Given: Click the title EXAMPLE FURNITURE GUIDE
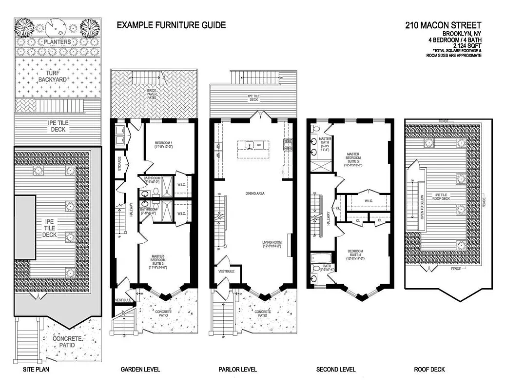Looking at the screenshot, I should [x=171, y=25].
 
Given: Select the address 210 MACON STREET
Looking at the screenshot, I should [x=443, y=25].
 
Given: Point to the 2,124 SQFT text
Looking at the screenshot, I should [x=464, y=46].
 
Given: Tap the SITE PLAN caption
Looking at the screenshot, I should [x=36, y=370].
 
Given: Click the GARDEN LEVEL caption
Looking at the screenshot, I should [x=140, y=370].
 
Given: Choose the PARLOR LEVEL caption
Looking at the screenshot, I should [x=237, y=370].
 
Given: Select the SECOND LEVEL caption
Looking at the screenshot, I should [x=336, y=370].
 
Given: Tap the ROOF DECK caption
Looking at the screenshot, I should [x=429, y=370].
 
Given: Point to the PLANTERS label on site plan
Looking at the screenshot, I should [x=57, y=42].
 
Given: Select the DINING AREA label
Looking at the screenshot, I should [x=254, y=194].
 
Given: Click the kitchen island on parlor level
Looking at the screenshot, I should [x=253, y=145].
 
